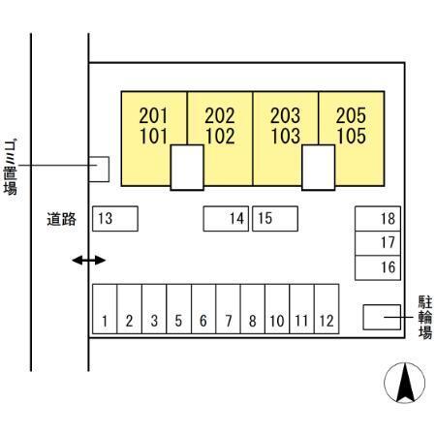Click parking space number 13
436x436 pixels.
click(115, 219)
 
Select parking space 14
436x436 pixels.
click(226, 219)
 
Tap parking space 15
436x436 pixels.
click(275, 219)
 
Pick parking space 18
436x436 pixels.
click(378, 219)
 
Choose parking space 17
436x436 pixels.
click(378, 243)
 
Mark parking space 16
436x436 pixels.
click(378, 267)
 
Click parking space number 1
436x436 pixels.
click(105, 309)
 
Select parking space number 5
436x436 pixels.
click(178, 309)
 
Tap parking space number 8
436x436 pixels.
click(253, 309)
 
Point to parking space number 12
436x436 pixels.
click(327, 309)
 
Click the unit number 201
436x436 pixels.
click(154, 115)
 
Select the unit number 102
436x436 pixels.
click(220, 136)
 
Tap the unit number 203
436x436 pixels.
click(286, 115)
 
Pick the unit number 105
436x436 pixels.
click(352, 136)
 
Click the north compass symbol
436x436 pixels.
click(404, 383)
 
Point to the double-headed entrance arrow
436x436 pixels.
click(88, 260)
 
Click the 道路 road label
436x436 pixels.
click(61, 219)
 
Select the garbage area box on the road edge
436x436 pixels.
click(99, 170)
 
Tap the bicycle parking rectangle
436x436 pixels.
click(382, 317)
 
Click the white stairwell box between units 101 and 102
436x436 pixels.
click(187, 168)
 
